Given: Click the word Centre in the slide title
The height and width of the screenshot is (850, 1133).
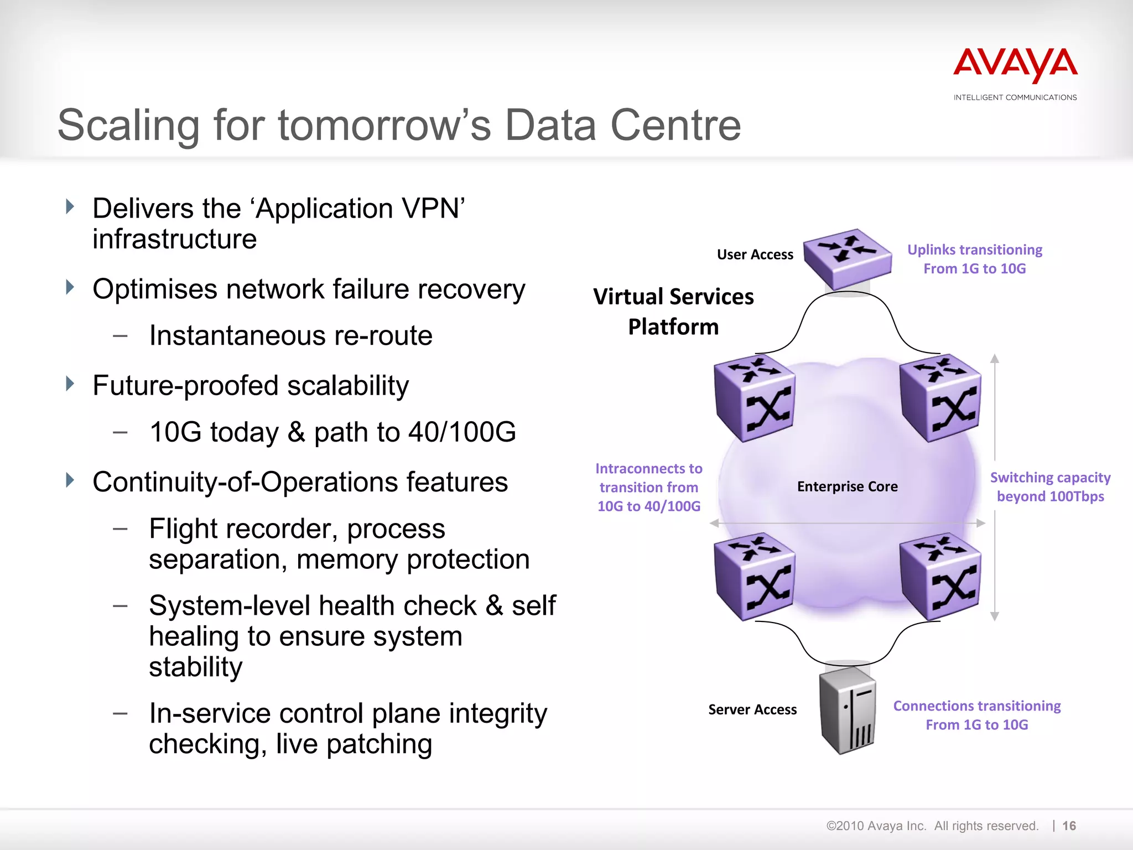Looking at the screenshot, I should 675,125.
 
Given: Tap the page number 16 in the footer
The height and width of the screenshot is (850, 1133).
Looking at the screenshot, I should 1069,826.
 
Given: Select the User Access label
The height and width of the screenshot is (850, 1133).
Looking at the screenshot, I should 755,255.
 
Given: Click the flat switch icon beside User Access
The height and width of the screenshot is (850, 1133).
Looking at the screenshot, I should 847,258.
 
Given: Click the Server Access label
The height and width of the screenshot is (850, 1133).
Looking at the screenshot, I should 752,709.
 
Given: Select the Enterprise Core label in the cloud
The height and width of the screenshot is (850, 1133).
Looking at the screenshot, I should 847,486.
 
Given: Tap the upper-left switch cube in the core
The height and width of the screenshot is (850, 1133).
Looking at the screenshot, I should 755,398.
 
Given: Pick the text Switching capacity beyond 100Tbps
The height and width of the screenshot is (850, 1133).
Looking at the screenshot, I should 1050,487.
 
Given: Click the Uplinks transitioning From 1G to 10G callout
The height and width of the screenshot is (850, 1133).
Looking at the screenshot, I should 975,259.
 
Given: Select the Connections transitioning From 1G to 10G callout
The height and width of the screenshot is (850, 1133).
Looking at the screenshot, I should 977,715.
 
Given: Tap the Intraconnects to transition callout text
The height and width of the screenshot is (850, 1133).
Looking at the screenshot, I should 649,487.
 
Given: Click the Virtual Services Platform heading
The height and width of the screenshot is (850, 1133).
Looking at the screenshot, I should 673,312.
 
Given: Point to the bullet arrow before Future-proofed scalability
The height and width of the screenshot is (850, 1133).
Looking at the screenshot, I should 70,383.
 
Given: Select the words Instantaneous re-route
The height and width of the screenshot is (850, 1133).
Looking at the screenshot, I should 290,336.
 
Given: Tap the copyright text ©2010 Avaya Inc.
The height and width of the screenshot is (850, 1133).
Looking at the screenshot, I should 876,826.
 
